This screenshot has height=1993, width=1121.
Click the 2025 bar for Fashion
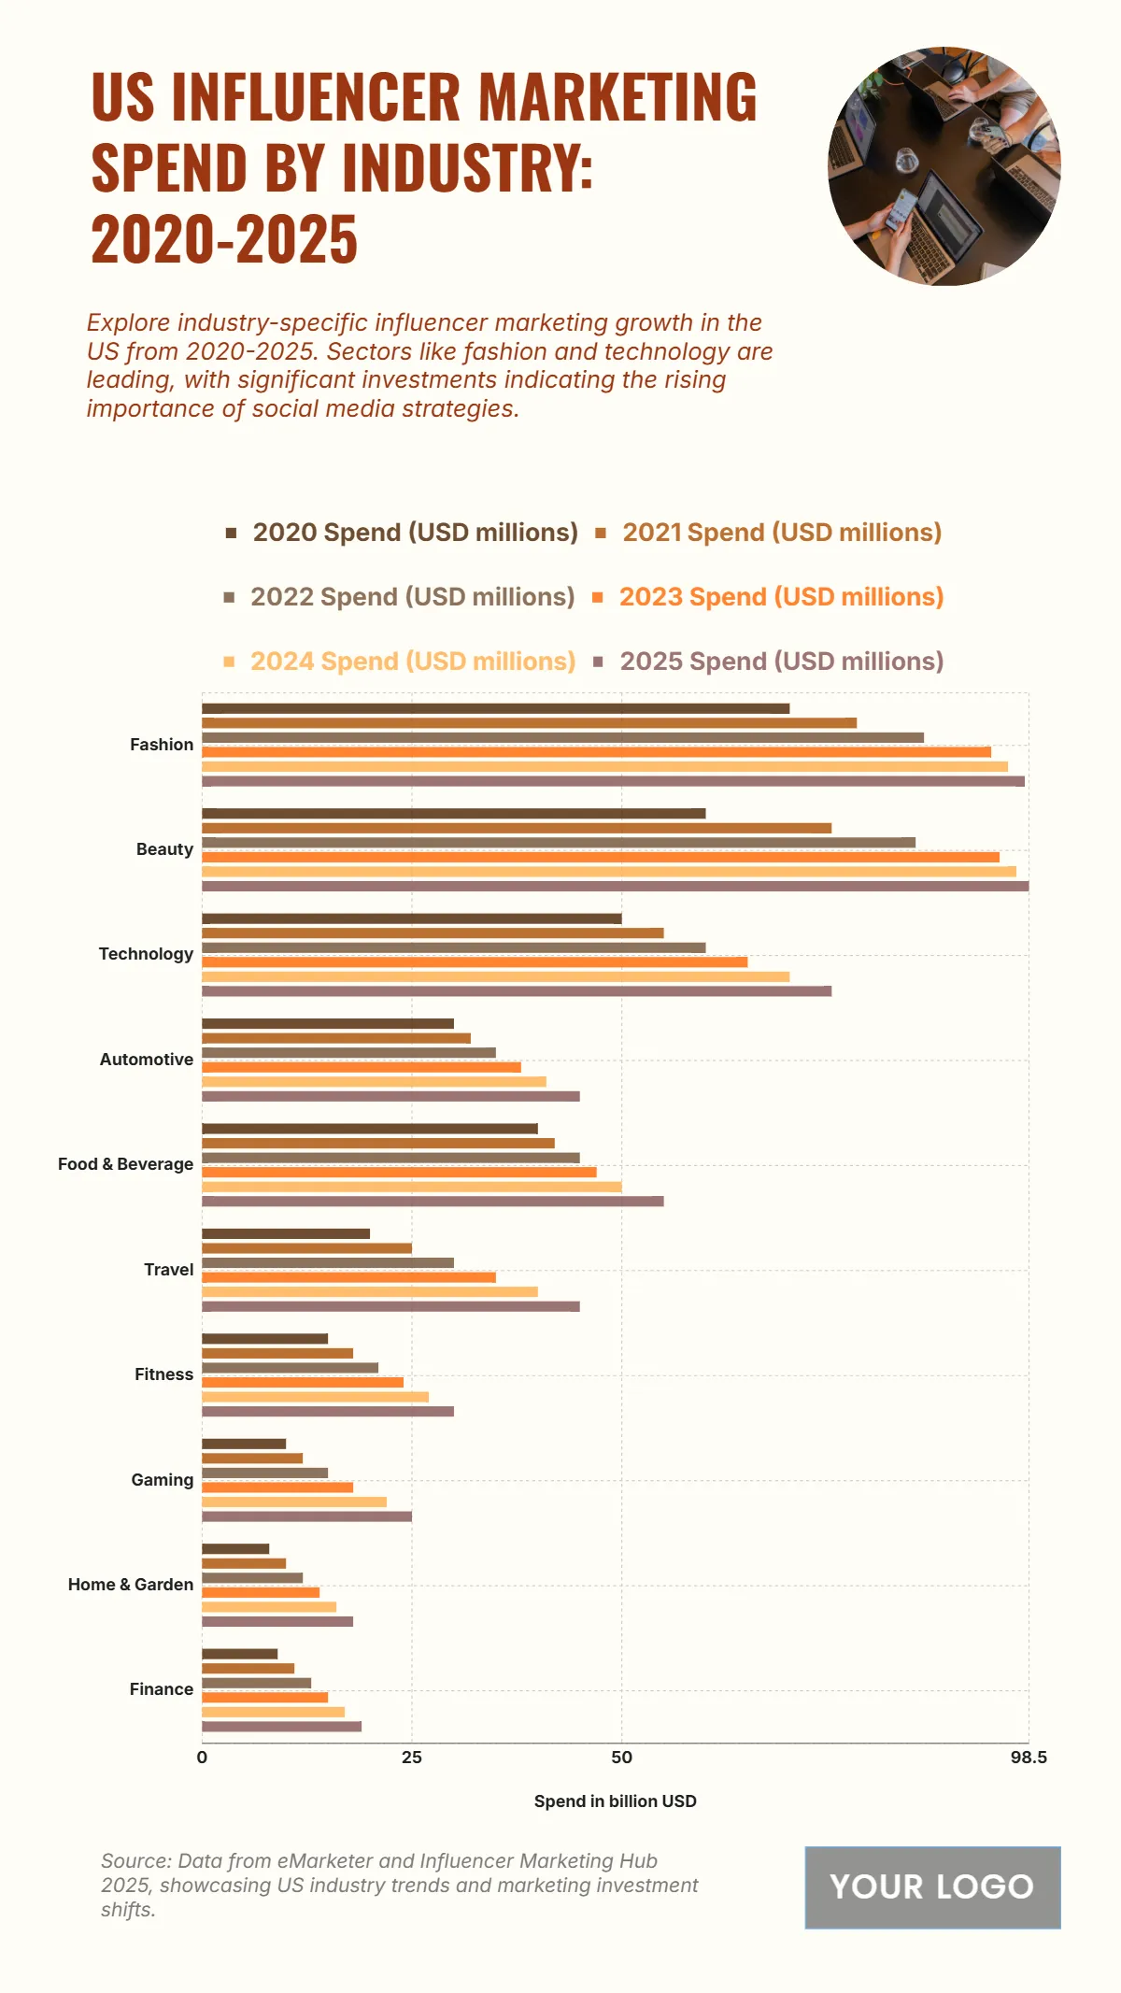[x=613, y=781]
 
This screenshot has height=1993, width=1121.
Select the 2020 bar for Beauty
[x=453, y=814]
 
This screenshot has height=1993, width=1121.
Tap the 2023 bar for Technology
[x=475, y=961]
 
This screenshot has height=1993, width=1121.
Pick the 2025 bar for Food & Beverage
[x=433, y=1202]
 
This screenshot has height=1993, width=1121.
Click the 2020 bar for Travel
[x=286, y=1234]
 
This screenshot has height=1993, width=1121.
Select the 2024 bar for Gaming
[x=294, y=1502]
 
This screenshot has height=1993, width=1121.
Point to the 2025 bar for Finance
[x=281, y=1727]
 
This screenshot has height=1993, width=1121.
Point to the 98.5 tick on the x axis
[x=1029, y=1758]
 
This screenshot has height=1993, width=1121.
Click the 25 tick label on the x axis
[x=412, y=1758]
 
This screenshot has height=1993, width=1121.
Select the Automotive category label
[x=147, y=1060]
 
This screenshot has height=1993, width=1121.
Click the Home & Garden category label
[x=131, y=1585]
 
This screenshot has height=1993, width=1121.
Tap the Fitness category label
[x=163, y=1374]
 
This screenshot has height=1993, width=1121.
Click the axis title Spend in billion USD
[x=615, y=1801]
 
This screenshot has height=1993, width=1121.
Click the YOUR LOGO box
[x=932, y=1887]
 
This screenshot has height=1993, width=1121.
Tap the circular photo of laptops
[x=944, y=166]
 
